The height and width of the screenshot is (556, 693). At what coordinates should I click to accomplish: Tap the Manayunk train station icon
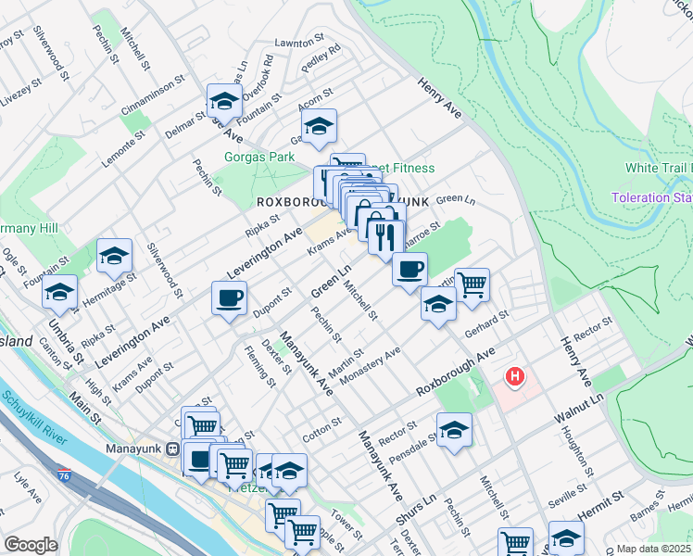coord(172,449)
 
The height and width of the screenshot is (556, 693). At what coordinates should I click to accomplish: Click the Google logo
coord(31,545)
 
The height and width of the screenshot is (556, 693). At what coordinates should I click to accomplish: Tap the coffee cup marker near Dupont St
coord(229,298)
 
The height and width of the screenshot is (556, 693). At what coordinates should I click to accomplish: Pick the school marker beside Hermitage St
coord(114,256)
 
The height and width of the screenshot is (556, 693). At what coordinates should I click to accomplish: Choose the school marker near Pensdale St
coord(454,429)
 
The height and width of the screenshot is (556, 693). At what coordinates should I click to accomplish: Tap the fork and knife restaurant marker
coord(385,237)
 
